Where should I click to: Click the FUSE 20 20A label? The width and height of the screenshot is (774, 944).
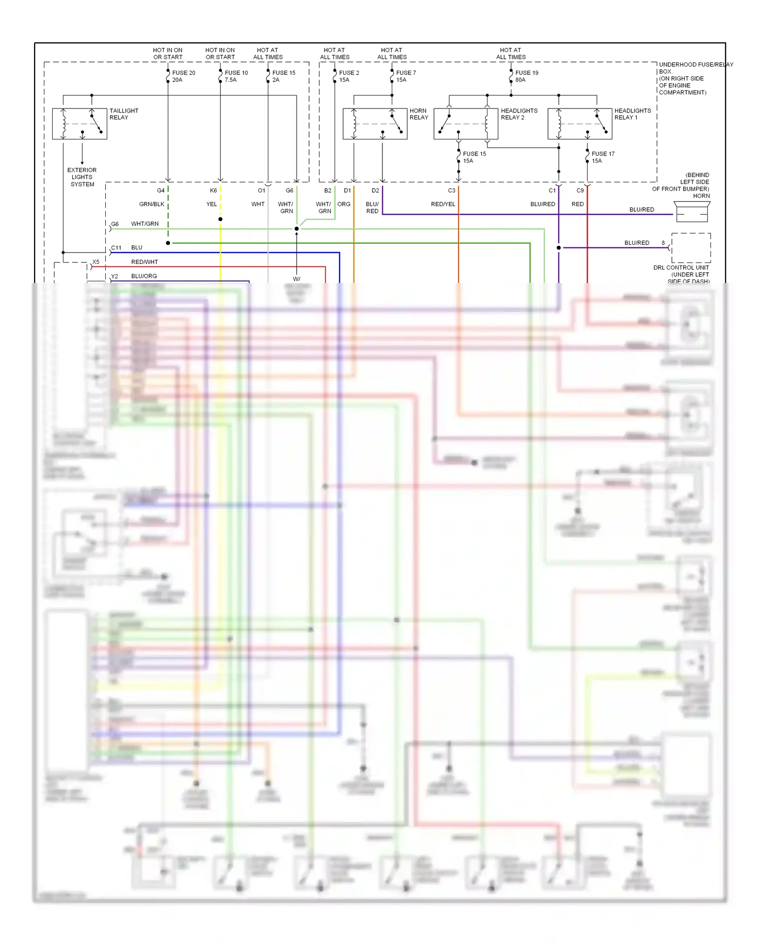[x=183, y=76]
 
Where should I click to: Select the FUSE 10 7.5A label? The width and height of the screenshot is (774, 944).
[x=236, y=76]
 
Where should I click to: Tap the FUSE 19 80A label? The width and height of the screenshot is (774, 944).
[x=526, y=76]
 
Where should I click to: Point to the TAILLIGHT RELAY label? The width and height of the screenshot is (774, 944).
[x=124, y=114]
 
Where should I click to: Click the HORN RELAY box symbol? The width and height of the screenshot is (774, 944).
[x=375, y=124]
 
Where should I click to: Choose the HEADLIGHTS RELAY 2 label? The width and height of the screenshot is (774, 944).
[x=519, y=114]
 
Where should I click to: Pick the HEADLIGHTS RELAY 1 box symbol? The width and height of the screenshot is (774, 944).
[x=580, y=124]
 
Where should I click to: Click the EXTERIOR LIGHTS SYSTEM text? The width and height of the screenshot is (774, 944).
[x=82, y=177]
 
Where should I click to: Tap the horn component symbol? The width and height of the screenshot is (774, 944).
[x=692, y=212]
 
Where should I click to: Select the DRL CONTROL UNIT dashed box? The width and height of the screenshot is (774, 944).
[x=691, y=248]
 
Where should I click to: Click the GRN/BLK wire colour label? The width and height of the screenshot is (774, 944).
[x=152, y=204]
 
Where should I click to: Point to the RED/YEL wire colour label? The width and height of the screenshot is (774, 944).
[x=443, y=204]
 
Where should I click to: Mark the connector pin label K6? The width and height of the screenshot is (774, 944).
[x=213, y=191]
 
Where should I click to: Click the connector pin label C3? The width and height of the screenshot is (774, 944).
[x=451, y=191]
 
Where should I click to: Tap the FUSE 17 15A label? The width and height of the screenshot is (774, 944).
[x=603, y=158]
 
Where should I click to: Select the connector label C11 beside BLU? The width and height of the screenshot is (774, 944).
[x=116, y=248]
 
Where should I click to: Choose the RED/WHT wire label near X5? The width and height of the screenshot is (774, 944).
[x=144, y=262]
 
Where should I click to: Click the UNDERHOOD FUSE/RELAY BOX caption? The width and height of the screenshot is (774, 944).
[x=695, y=78]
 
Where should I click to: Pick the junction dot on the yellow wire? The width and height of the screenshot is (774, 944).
[x=220, y=219]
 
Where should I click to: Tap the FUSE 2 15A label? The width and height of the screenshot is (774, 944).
[x=349, y=76]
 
